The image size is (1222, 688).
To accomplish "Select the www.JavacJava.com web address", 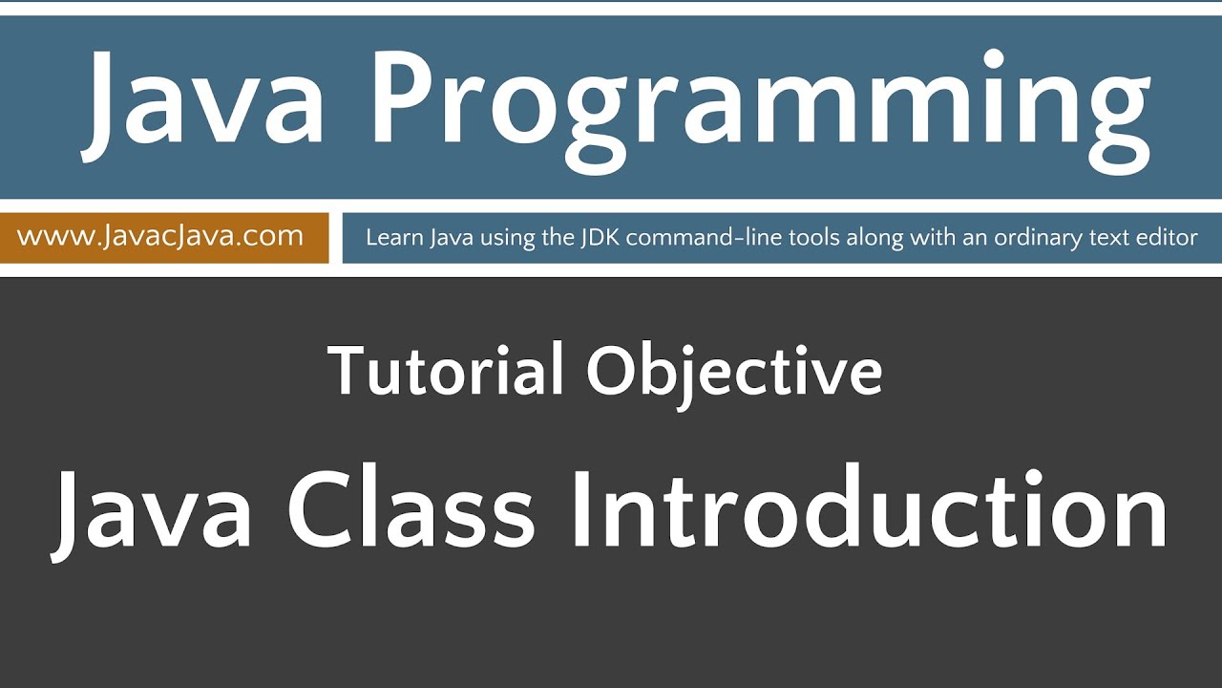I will tap(160, 236).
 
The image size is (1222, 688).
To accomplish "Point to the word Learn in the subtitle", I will tap(391, 237).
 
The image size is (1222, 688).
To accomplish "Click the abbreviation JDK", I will tap(599, 237).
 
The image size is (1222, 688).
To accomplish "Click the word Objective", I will tap(734, 373).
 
